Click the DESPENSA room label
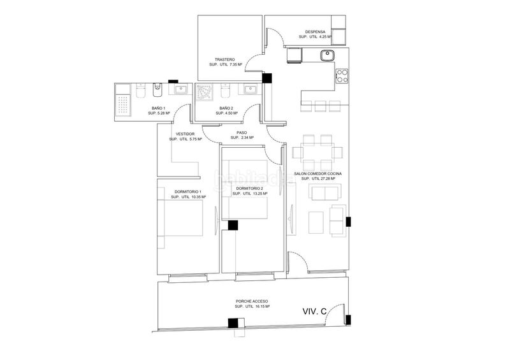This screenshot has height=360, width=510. pos(315,32)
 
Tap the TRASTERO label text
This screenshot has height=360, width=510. pos(224,59)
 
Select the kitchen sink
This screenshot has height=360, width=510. pos(327,55)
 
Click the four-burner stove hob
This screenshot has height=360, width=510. pos(342,76)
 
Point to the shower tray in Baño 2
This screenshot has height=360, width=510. pos(204,91)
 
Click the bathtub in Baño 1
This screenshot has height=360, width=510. pos(122,101)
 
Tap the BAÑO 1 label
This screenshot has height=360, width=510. pos(159,108)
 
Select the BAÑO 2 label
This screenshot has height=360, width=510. pos(226,108)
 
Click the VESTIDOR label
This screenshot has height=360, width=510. pos(185,134)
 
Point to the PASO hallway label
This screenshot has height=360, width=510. pos(242,133)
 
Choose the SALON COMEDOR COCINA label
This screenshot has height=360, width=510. pos(317,174)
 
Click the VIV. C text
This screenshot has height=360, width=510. pos(314,311)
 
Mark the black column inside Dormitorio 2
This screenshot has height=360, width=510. pos(233,226)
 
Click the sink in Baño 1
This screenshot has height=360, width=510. pos(180,89)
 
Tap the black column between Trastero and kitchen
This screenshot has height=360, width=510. pos(267,78)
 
